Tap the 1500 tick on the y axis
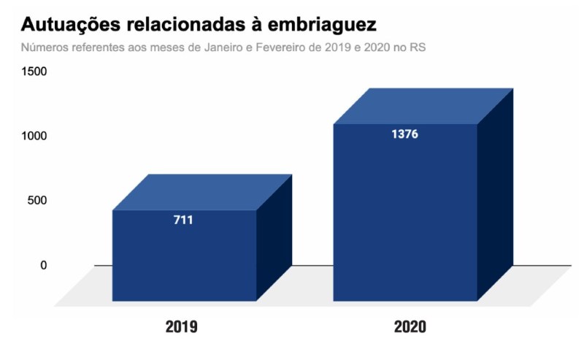click(34, 72)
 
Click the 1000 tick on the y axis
click(34, 136)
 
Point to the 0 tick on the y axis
click(43, 265)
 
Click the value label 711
click(183, 220)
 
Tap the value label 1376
click(404, 134)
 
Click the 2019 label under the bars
click(182, 326)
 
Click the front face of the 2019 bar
click(184, 263)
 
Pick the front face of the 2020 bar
click(405, 219)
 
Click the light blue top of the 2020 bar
click(423, 107)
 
